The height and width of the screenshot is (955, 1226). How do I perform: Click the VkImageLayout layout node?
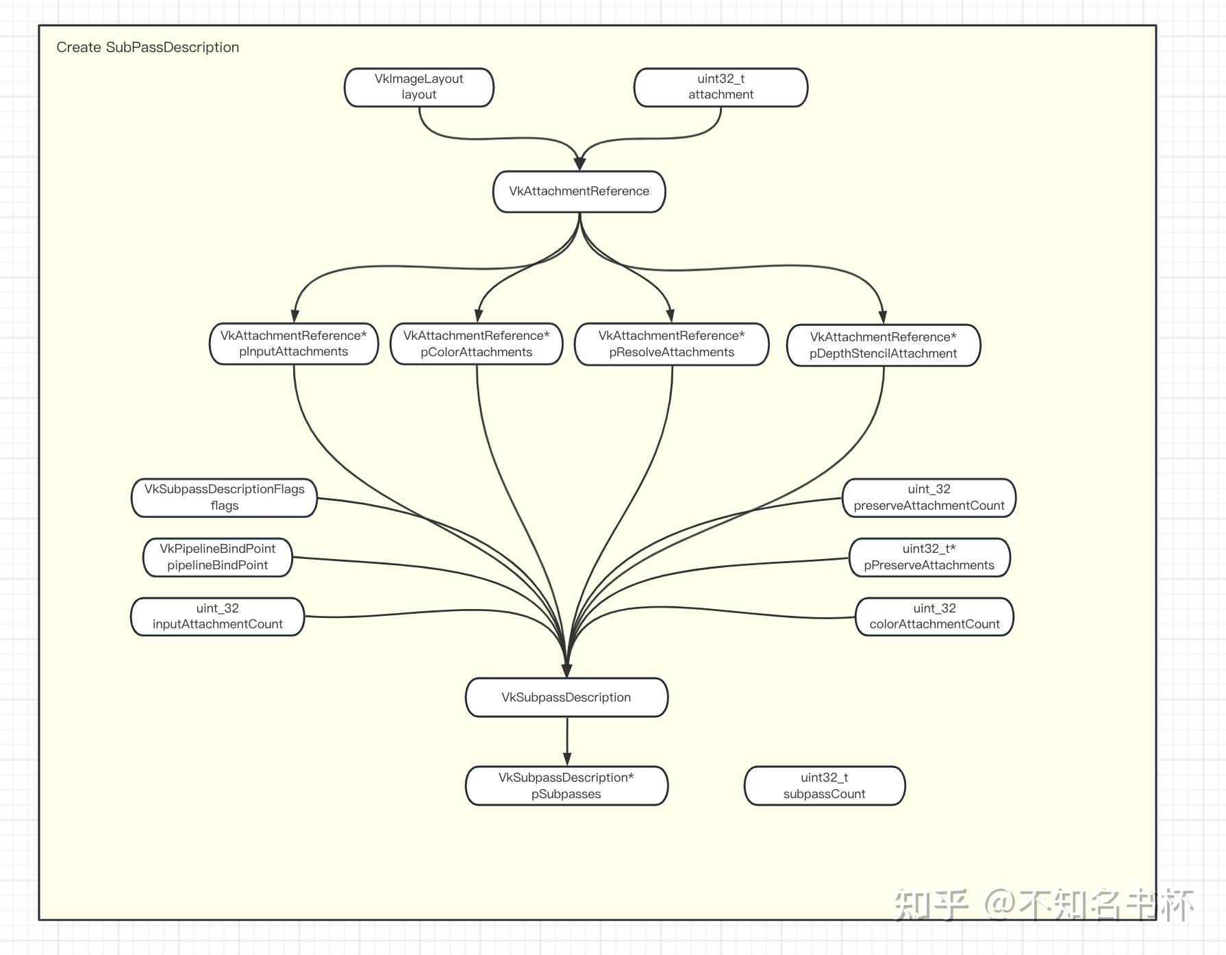[419, 87]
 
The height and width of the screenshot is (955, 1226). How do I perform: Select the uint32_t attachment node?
[721, 87]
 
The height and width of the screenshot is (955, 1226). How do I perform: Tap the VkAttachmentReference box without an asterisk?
[579, 191]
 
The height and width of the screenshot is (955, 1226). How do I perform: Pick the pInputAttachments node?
[294, 344]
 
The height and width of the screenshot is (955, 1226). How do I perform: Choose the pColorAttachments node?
[477, 344]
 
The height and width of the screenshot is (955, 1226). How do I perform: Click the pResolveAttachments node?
[672, 344]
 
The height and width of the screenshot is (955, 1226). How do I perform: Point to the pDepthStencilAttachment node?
[884, 345]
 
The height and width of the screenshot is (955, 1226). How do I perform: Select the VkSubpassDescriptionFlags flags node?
[224, 497]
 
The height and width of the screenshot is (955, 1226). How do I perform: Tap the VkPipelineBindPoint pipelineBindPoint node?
[218, 557]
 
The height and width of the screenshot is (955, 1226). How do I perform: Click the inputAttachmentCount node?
[218, 617]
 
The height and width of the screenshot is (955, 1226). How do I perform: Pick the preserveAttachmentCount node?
[929, 497]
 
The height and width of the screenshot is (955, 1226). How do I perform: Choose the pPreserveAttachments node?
[929, 557]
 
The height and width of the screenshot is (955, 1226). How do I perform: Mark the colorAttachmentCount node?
[934, 617]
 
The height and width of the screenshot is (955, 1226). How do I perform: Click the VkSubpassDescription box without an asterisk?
[566, 697]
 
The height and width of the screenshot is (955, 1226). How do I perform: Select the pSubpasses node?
[566, 786]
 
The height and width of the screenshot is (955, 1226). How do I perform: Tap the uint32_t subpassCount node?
[825, 786]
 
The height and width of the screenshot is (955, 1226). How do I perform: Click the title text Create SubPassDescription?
[148, 47]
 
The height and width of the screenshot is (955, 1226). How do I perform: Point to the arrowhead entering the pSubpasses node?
[567, 758]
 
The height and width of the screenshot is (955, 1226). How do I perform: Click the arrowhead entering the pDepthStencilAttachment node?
[883, 316]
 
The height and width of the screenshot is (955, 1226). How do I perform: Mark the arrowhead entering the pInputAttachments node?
[295, 315]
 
